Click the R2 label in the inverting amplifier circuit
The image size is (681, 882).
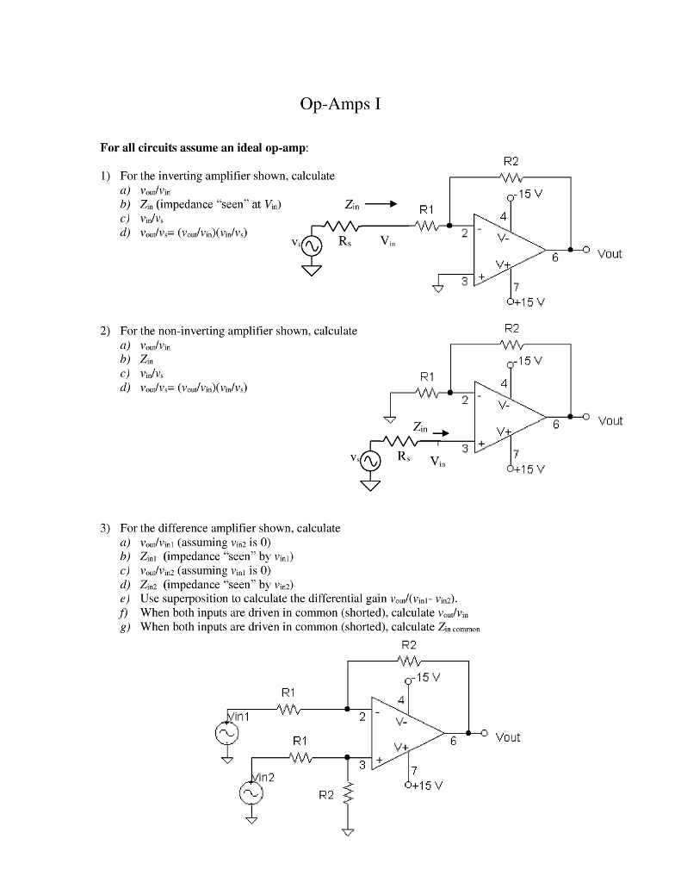pyautogui.click(x=511, y=161)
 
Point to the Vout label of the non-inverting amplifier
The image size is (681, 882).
pyautogui.click(x=610, y=421)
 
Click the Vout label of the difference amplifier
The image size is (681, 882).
pyautogui.click(x=508, y=737)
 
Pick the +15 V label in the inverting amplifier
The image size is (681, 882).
pyautogui.click(x=526, y=302)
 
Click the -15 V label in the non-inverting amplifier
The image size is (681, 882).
pyautogui.click(x=528, y=359)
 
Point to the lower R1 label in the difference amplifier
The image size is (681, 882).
pyautogui.click(x=298, y=740)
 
